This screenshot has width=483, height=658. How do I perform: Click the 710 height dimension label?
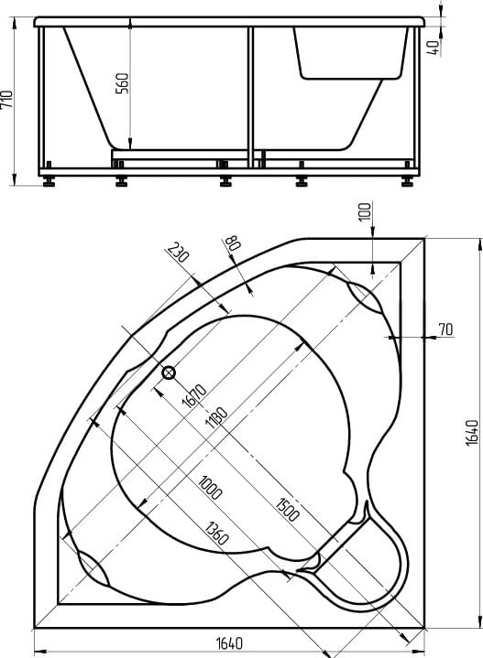[7, 100]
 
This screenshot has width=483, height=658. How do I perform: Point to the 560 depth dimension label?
[122, 83]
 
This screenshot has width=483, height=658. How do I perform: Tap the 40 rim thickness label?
[434, 47]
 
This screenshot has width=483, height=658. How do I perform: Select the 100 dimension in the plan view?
[366, 211]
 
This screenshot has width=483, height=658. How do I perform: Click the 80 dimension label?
[233, 243]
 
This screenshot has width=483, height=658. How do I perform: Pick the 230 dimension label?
[178, 253]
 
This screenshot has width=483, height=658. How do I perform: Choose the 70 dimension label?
[445, 329]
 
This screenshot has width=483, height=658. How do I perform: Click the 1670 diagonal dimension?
[194, 395]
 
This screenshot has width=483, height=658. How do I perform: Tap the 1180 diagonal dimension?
[216, 417]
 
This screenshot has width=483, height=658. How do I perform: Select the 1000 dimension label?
[209, 487]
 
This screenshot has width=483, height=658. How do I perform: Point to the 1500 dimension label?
[288, 509]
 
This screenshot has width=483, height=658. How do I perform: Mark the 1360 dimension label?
[216, 533]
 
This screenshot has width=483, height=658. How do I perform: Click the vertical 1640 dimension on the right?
[473, 433]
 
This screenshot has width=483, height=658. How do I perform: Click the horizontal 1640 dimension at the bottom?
[229, 642]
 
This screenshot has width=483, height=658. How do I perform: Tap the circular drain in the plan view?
[169, 372]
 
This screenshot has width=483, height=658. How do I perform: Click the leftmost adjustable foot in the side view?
[49, 181]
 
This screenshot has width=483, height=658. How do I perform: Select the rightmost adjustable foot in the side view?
[407, 181]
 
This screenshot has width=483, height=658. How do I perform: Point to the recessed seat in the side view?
[351, 53]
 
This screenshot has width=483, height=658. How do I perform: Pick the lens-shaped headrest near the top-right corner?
[365, 297]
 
